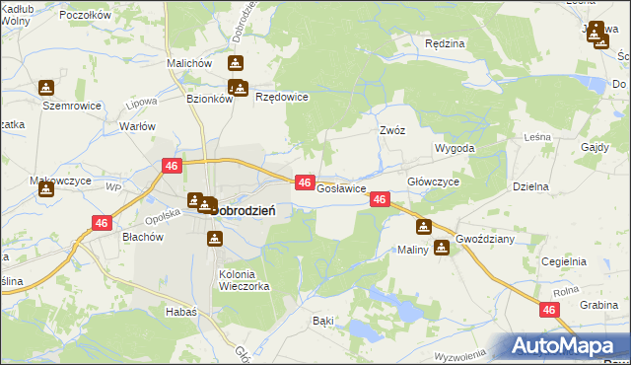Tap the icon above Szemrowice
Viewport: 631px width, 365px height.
point(45,87)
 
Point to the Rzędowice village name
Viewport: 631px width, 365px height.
point(282,97)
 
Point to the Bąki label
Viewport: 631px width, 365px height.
point(322,321)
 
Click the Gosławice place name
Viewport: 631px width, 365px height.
point(341,187)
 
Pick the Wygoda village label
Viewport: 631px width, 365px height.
point(455,148)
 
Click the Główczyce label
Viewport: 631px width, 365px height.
point(433,182)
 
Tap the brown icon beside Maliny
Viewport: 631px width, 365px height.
point(442,248)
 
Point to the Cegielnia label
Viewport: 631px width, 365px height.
point(564,260)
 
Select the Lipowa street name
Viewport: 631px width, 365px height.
point(143,102)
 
